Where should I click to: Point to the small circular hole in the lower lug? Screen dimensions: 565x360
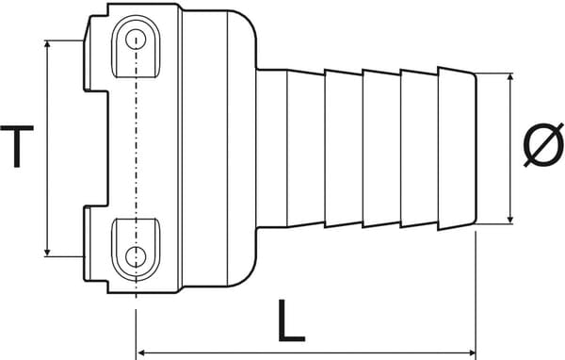[137, 254]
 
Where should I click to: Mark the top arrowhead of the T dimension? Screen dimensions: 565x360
[47, 45]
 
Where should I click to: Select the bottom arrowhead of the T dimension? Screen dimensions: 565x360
[47, 251]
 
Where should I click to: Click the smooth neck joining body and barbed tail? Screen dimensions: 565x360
[271, 147]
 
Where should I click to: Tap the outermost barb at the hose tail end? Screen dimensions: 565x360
[457, 147]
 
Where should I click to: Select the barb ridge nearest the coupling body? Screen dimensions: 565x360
[306, 147]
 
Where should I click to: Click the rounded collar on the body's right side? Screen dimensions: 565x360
[240, 147]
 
